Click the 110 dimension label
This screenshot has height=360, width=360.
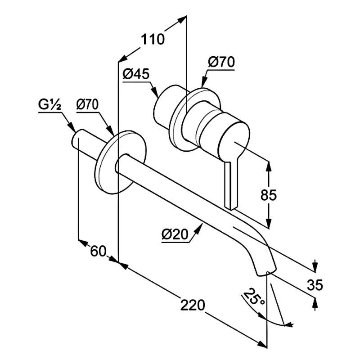(153, 40)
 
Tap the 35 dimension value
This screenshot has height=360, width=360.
(316, 285)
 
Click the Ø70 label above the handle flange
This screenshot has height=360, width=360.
(221, 62)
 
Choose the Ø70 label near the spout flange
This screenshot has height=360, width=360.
(87, 105)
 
